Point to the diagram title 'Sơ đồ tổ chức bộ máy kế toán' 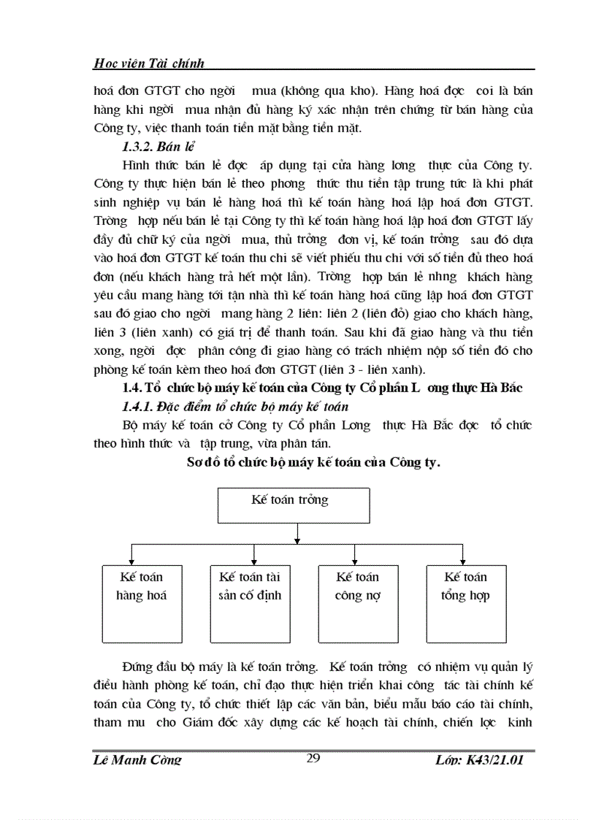tap(313, 463)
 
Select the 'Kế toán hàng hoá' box tap(141, 602)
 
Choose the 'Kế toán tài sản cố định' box tap(249, 602)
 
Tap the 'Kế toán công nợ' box tap(358, 602)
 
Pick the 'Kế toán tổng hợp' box tap(465, 602)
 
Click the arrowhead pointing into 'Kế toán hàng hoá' tap(131, 559)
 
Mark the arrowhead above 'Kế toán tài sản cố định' tap(242, 559)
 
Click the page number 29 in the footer tap(313, 759)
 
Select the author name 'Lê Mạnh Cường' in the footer tap(138, 760)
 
